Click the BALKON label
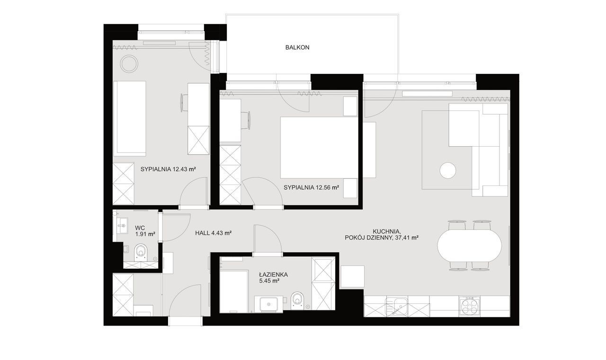coord(297,48)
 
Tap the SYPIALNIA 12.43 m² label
coord(168,169)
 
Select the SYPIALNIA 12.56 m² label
coord(311,187)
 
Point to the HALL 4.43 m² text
coord(213,233)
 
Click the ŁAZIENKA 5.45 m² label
coord(273,278)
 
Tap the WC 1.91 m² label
coord(145,231)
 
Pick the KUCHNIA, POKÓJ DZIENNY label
coord(382,235)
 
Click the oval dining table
coord(469,246)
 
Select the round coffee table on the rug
coord(448,171)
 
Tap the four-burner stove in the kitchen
coord(469,306)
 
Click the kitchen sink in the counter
coord(397,306)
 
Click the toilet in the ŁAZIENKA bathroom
coord(297,300)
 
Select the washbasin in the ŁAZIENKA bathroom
coord(268,304)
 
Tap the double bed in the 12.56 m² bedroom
coord(319,148)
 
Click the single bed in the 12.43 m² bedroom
coord(130,118)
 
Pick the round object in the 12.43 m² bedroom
coord(129,64)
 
